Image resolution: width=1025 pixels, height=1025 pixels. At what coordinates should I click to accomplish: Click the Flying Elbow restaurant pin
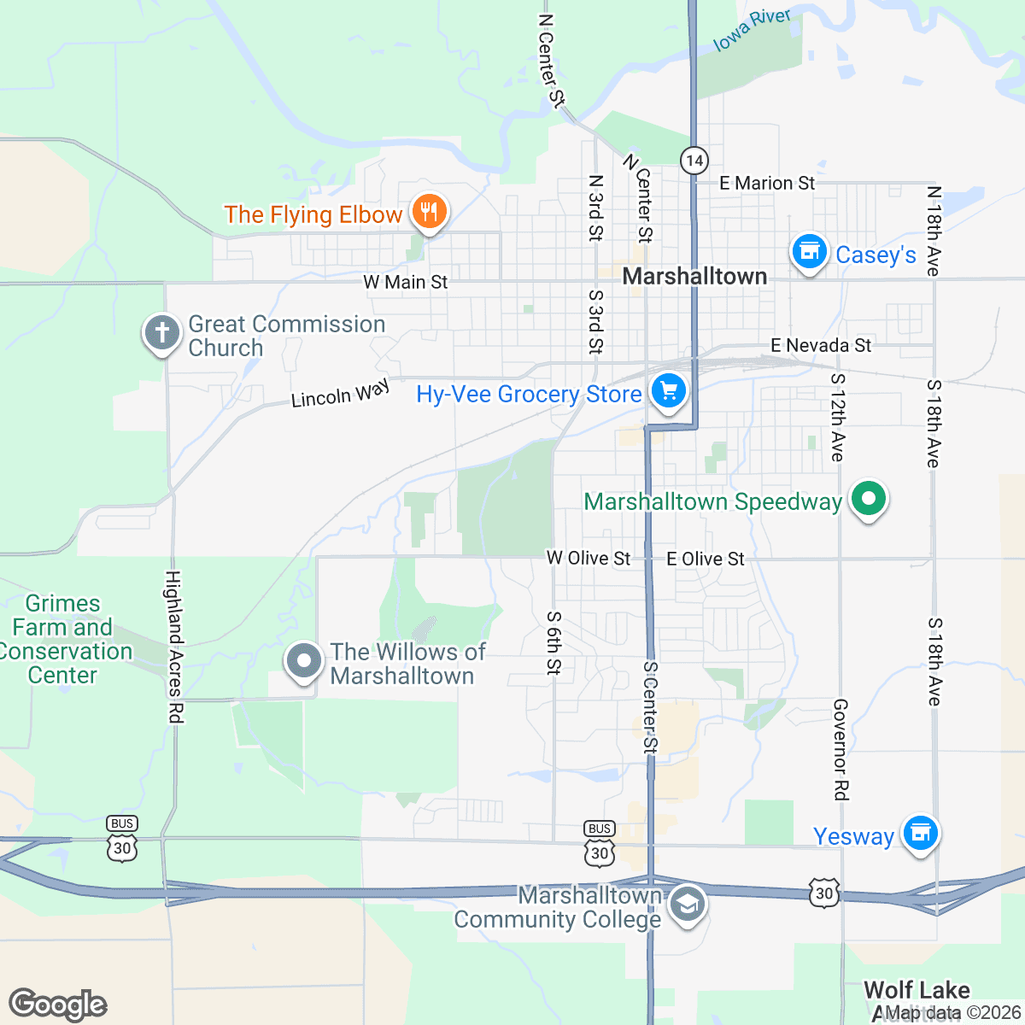pos(429,211)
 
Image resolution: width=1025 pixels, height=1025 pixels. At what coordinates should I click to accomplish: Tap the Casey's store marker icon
pos(808,252)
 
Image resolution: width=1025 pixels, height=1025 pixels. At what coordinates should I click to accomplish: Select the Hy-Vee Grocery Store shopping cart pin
pos(669,392)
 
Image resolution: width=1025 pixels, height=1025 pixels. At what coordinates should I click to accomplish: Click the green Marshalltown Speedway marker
pos(868,499)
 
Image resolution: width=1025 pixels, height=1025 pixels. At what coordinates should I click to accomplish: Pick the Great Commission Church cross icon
pos(162,332)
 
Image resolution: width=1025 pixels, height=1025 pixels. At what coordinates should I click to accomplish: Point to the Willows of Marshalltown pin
pos(303,661)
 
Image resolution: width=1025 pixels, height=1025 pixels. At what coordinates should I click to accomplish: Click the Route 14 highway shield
pos(694,160)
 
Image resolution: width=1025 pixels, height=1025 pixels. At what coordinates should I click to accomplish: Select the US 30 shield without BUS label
pos(823,893)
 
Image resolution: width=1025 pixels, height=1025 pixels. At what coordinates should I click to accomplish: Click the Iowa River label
pos(752,30)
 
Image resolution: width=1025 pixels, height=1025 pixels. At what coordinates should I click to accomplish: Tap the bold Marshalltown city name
pos(694,276)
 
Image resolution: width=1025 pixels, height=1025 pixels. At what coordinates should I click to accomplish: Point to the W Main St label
pos(405,282)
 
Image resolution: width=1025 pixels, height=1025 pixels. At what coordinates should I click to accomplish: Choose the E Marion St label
pos(767,183)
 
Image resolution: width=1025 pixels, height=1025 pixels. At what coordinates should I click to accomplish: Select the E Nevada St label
pos(821,345)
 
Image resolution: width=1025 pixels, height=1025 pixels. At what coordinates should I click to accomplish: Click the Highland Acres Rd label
pos(174,647)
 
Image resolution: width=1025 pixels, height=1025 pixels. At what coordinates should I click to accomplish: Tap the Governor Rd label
pos(840,749)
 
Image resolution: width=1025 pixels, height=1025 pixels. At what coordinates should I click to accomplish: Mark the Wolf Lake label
pos(917,990)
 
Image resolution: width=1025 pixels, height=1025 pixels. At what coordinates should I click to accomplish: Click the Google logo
pos(58,1004)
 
